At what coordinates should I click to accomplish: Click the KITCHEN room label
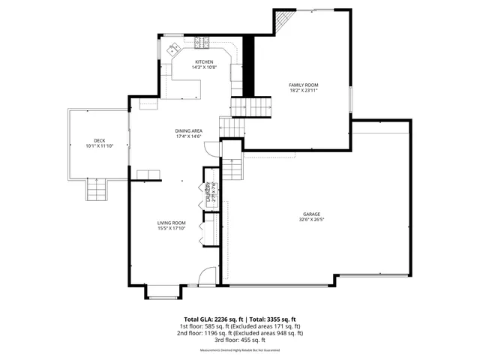(x=204, y=61)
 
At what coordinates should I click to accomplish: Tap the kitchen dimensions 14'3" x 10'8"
(x=204, y=67)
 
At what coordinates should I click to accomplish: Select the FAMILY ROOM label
(x=304, y=85)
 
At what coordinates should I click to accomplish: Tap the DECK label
(x=99, y=140)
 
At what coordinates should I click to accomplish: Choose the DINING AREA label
(x=189, y=130)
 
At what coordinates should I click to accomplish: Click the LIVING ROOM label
(x=171, y=223)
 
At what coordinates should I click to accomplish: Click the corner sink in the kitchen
(x=172, y=48)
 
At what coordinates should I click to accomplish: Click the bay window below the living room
(x=163, y=292)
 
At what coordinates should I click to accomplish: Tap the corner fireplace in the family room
(x=284, y=22)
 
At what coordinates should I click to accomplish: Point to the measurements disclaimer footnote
(x=240, y=350)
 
